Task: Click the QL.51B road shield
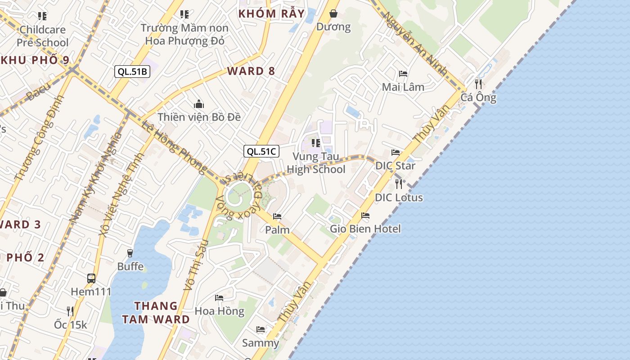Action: (x=132, y=71)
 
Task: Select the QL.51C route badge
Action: (x=261, y=151)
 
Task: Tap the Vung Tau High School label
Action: (x=316, y=163)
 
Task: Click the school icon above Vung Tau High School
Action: (x=316, y=143)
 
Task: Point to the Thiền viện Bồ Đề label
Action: (x=199, y=117)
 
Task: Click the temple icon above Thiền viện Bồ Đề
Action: (x=199, y=104)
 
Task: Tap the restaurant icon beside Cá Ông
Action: (x=478, y=84)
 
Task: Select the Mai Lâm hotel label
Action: (x=403, y=87)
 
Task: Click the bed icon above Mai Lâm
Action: (x=403, y=73)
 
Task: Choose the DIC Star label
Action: (x=396, y=166)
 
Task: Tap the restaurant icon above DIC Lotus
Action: (x=398, y=184)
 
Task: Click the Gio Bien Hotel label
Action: (x=365, y=229)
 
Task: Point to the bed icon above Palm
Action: (x=277, y=216)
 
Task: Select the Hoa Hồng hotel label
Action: (x=220, y=311)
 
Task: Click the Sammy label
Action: (x=261, y=343)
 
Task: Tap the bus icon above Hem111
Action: (x=91, y=278)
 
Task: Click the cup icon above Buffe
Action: (x=130, y=253)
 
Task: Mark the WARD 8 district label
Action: (x=251, y=71)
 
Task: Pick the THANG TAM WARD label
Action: (x=162, y=313)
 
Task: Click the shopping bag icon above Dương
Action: (x=333, y=13)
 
